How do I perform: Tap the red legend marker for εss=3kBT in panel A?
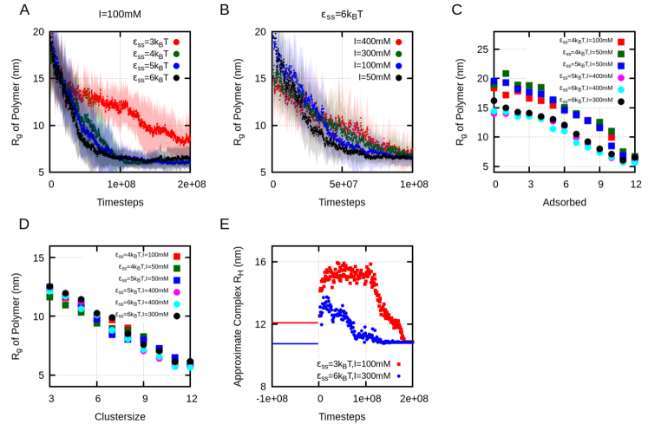(x=180, y=41)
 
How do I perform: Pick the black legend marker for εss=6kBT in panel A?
(x=180, y=78)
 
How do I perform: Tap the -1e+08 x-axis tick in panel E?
(x=273, y=400)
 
